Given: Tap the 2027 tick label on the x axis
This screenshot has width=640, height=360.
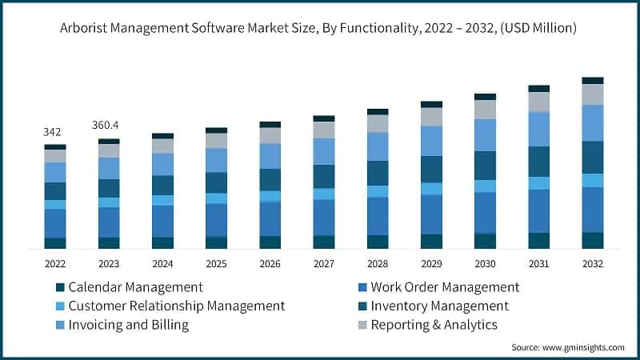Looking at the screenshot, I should (x=324, y=263).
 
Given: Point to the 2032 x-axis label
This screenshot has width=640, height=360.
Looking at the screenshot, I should (x=593, y=263).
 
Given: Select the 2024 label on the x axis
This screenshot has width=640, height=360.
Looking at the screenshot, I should (x=162, y=263).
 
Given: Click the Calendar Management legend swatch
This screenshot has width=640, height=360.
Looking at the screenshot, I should (x=60, y=287).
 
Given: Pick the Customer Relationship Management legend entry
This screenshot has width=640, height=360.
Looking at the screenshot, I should (x=177, y=306).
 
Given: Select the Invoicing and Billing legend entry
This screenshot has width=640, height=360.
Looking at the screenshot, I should (x=129, y=325).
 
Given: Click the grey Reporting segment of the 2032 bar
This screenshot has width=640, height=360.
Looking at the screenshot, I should (x=593, y=94).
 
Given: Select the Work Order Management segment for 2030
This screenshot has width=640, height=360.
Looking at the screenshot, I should (x=485, y=213).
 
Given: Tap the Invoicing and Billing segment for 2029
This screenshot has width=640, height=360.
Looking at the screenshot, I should (x=431, y=140).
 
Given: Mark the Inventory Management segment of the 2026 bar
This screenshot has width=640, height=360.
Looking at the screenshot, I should (x=270, y=180).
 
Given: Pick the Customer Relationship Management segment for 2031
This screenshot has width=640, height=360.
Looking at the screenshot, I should (x=539, y=183).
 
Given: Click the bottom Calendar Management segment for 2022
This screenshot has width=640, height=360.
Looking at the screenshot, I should (x=55, y=243).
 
